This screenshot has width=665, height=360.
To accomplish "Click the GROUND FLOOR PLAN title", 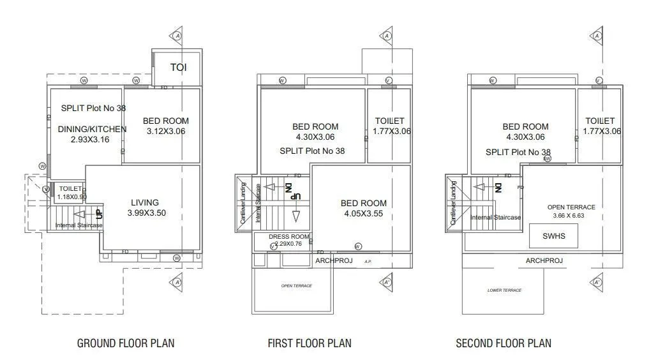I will (126, 343).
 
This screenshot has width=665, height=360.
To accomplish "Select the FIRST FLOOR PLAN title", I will (310, 343).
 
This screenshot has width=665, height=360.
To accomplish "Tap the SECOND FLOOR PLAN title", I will (504, 343).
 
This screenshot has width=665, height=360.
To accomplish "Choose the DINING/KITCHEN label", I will (92, 129).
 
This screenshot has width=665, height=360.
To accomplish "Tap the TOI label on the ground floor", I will (178, 67).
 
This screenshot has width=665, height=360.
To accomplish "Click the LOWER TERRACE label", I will (504, 290).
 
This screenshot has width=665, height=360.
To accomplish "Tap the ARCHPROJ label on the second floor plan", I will (544, 260).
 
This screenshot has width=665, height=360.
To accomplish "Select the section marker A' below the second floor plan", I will (597, 281).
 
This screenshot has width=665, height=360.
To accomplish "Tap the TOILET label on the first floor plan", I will (389, 121).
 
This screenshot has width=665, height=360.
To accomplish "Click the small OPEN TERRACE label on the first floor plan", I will (297, 286).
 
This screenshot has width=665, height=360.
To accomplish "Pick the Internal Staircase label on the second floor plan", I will (495, 218).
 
